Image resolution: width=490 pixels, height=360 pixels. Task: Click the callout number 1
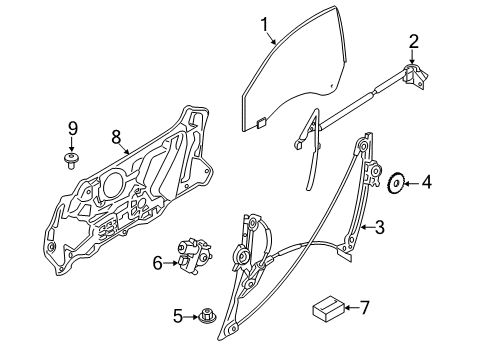click(x=265, y=23)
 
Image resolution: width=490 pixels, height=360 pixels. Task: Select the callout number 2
click(x=412, y=41)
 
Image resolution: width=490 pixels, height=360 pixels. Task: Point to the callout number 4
click(x=427, y=183)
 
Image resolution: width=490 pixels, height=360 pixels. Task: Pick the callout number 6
click(x=157, y=263)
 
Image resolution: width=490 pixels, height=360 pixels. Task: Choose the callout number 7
click(x=364, y=307)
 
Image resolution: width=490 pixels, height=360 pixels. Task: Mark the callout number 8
click(x=116, y=136)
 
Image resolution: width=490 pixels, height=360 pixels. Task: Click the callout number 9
click(x=72, y=127)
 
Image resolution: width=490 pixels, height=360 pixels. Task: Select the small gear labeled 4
click(x=396, y=183)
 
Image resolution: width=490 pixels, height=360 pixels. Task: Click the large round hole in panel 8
click(x=113, y=186)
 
